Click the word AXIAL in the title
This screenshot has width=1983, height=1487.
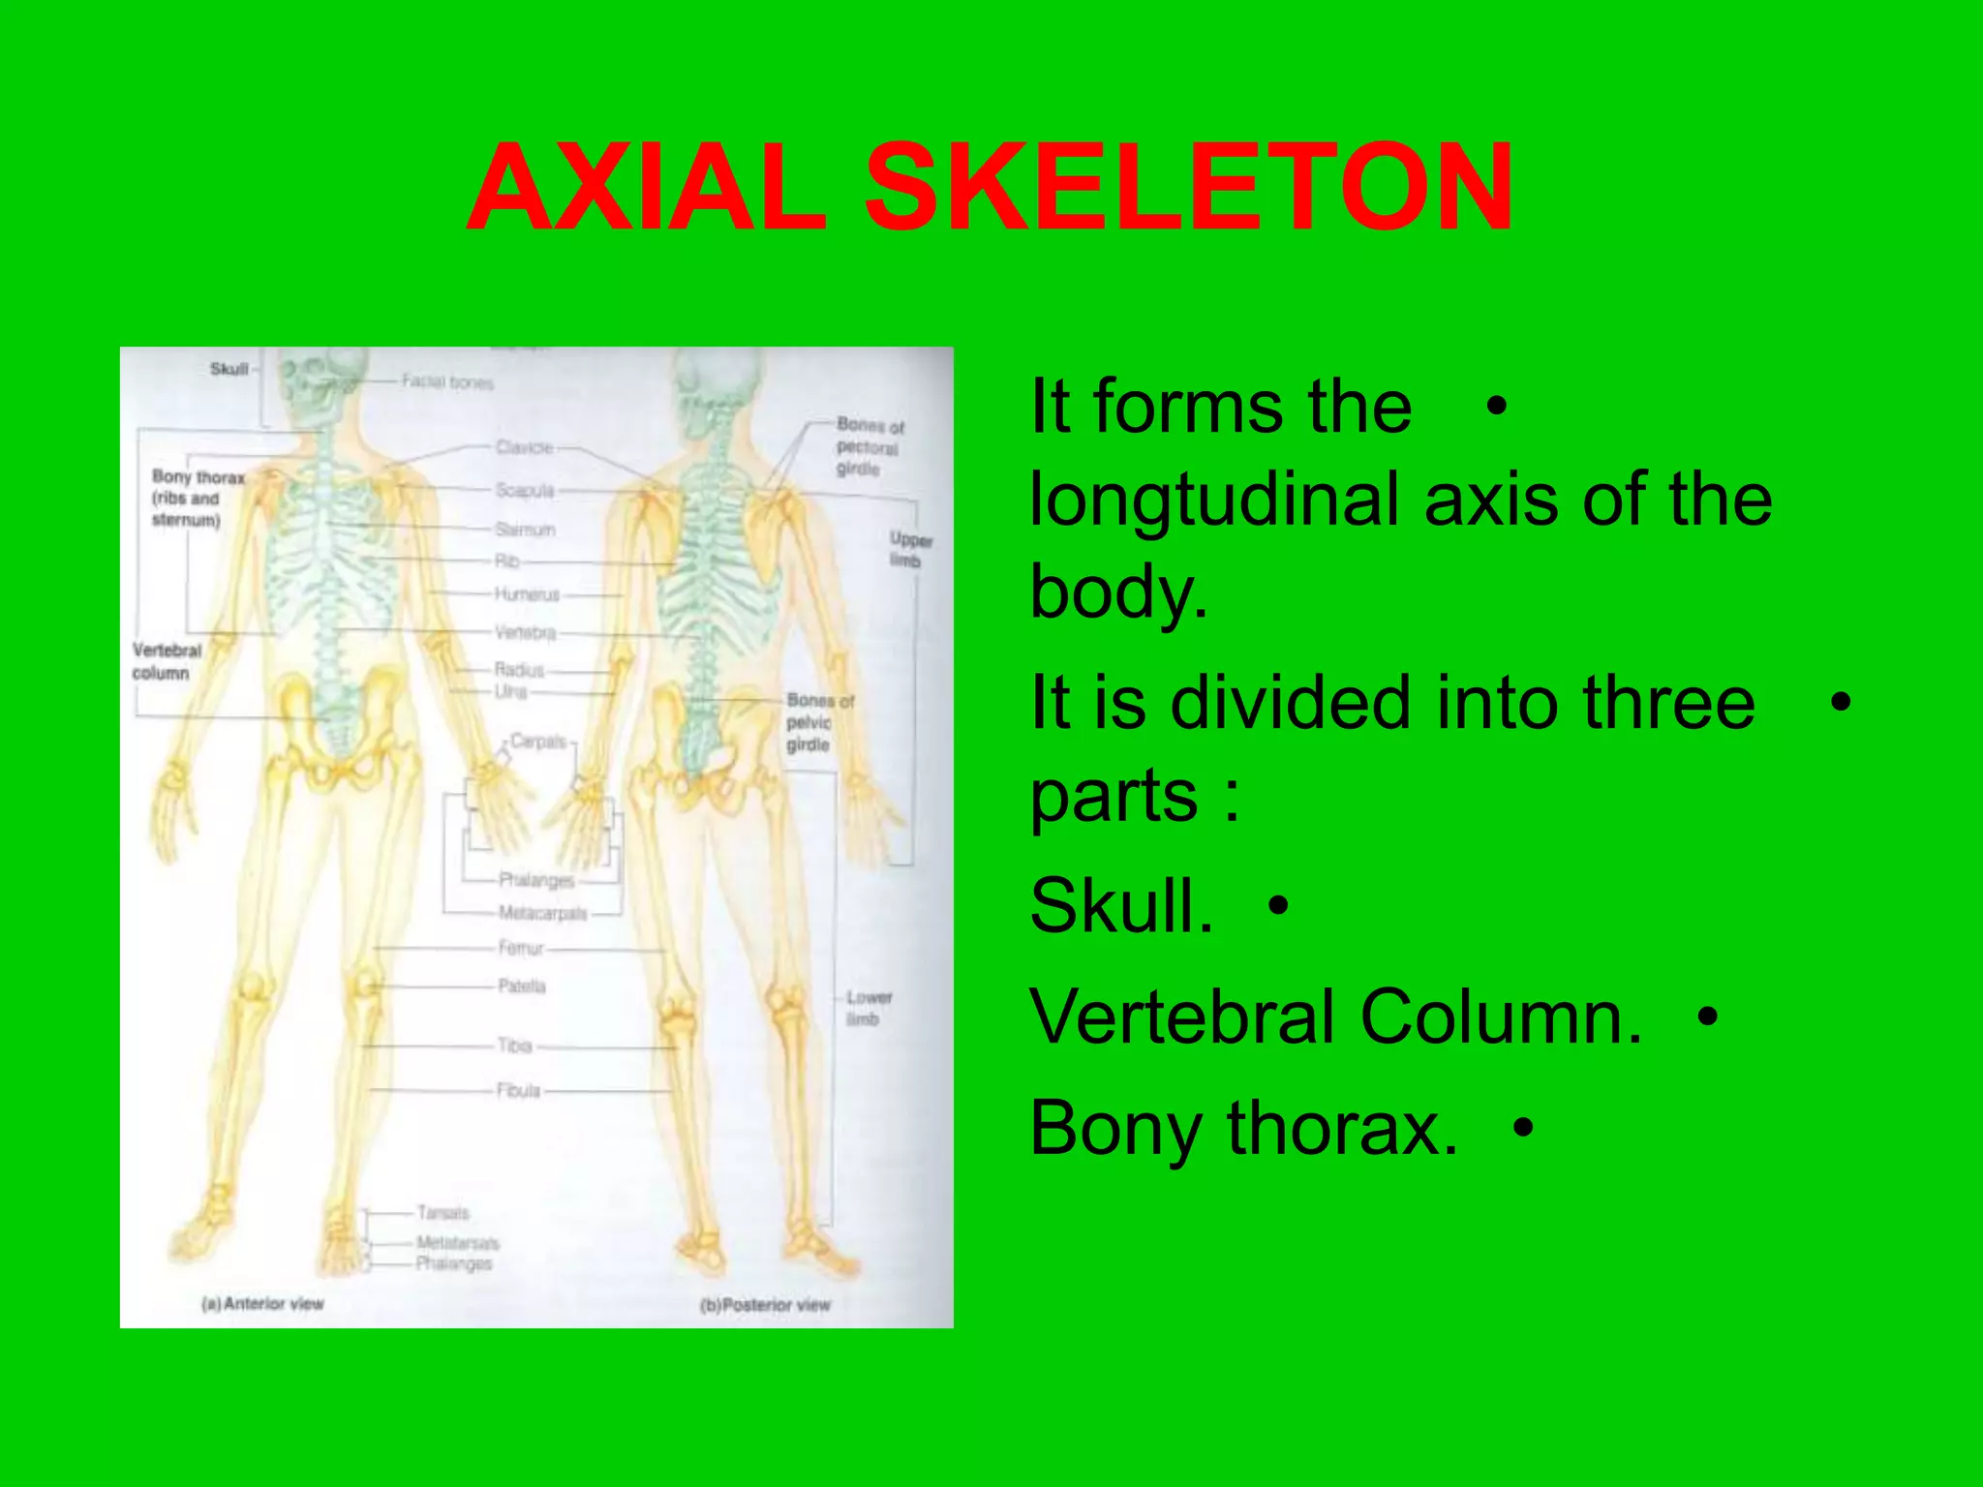(x=646, y=188)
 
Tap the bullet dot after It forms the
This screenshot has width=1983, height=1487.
(x=1496, y=407)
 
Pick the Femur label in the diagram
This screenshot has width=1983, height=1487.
(x=521, y=948)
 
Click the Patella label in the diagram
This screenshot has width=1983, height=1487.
(x=522, y=986)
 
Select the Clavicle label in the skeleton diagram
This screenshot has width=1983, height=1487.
(x=524, y=447)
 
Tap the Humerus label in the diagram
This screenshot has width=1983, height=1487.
(x=527, y=594)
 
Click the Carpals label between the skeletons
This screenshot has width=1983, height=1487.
(x=538, y=742)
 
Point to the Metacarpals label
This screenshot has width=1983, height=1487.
(x=542, y=913)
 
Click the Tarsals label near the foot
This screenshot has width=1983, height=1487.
(x=442, y=1212)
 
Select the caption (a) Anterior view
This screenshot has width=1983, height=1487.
(x=262, y=1304)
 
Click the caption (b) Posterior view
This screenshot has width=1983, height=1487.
(x=765, y=1305)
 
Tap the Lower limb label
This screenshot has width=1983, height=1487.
(x=868, y=1008)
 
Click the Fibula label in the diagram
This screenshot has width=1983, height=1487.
(x=518, y=1091)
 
